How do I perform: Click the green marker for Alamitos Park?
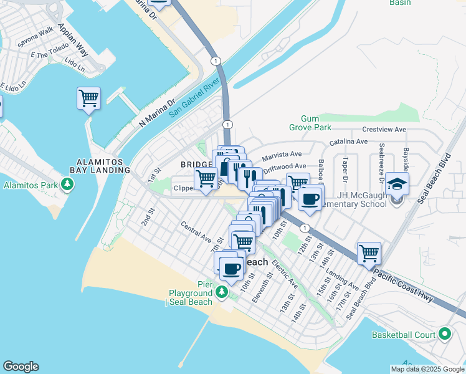[x=67, y=185]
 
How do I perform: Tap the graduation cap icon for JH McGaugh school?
[x=397, y=184]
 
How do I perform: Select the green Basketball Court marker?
[x=444, y=335]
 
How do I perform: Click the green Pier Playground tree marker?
[x=221, y=292]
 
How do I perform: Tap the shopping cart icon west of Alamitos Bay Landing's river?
[x=88, y=98]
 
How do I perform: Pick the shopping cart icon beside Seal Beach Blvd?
[x=369, y=253]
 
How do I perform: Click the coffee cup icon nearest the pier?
[x=231, y=269]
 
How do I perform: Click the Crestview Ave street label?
[x=384, y=130]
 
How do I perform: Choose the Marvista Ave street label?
[x=282, y=154]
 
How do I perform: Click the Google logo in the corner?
[x=20, y=367]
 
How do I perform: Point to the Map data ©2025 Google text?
[x=427, y=369]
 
